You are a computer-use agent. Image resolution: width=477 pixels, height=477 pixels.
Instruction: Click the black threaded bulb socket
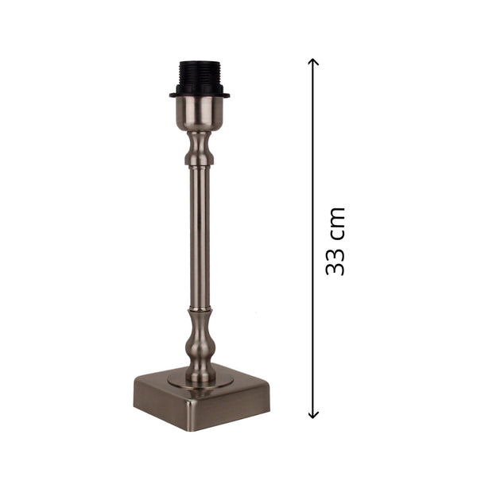[199, 77]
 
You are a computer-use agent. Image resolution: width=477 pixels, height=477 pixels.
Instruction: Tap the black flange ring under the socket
[199, 95]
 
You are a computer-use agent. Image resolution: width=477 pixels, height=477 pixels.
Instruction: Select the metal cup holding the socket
[199, 114]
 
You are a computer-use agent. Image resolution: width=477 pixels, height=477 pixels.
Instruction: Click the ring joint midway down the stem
[199, 307]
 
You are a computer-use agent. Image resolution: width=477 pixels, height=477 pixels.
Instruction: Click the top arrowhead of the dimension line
[314, 62]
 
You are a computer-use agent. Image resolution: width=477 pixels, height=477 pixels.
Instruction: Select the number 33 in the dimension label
[335, 262]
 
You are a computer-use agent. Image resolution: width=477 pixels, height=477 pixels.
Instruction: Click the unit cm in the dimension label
[335, 221]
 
